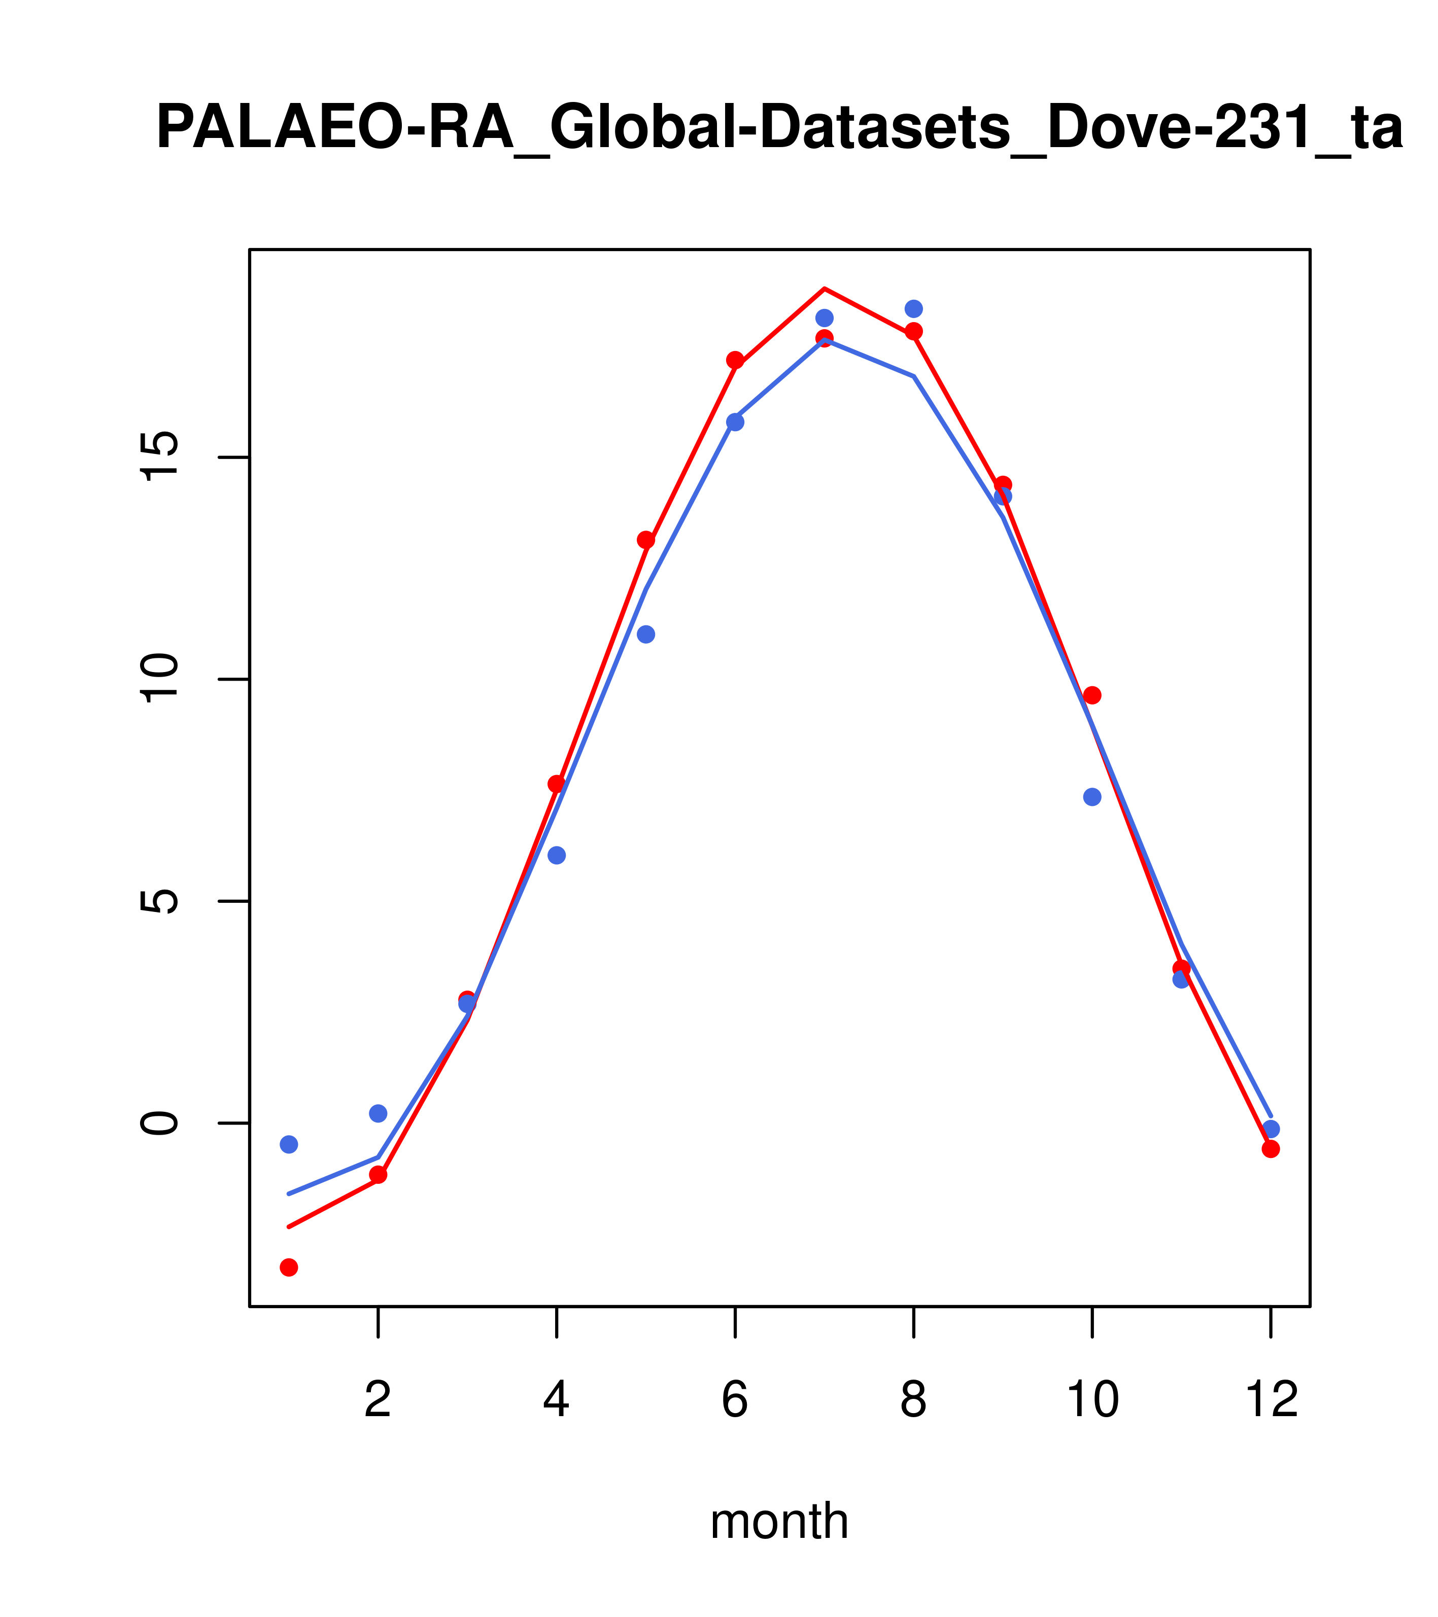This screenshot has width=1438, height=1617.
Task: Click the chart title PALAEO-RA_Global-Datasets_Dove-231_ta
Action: (x=779, y=128)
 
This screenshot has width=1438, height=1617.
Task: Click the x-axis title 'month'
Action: (x=779, y=1521)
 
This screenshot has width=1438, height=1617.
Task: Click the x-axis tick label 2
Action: (x=379, y=1400)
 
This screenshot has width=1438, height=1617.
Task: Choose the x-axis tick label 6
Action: (x=735, y=1400)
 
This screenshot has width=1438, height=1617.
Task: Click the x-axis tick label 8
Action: (x=913, y=1400)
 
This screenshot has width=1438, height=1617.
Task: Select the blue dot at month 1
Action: (x=289, y=1144)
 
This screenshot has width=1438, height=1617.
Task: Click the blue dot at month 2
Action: (x=379, y=1113)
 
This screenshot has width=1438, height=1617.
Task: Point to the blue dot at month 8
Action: (x=913, y=308)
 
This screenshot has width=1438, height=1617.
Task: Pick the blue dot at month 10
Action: (x=1092, y=797)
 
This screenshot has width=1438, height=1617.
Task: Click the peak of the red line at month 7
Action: (x=824, y=288)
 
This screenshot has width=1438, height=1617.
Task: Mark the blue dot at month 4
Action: (x=556, y=855)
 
